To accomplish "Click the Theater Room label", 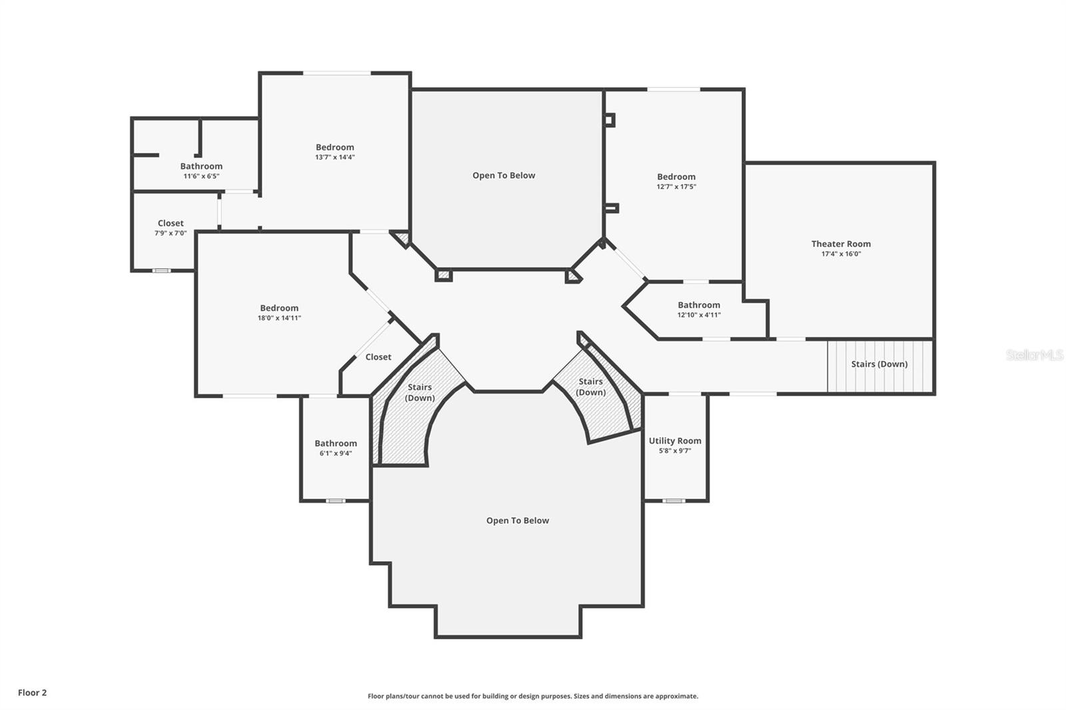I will click(841, 244).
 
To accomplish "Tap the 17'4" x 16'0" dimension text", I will click(841, 254).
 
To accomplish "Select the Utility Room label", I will click(675, 440).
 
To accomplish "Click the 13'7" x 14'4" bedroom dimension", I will click(334, 157).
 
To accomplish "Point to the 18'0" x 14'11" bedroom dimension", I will click(279, 318).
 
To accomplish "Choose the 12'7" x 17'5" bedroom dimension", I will click(676, 186).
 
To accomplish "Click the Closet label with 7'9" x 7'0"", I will click(171, 223).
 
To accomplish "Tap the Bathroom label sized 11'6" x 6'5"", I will click(201, 166).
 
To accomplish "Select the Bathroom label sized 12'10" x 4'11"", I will click(699, 304).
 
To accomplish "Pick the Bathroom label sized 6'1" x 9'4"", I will click(336, 443).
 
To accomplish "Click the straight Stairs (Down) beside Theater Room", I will click(879, 364).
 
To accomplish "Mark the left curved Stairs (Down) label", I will click(420, 392).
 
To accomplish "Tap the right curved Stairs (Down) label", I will click(590, 386).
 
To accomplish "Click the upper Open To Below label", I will click(504, 175).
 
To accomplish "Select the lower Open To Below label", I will click(517, 520).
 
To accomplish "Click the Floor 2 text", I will click(32, 693).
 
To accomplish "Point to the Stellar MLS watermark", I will click(1034, 355).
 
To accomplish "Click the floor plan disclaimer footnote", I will click(533, 696).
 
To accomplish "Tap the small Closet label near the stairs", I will click(378, 357).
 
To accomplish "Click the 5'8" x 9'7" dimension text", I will click(675, 451).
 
